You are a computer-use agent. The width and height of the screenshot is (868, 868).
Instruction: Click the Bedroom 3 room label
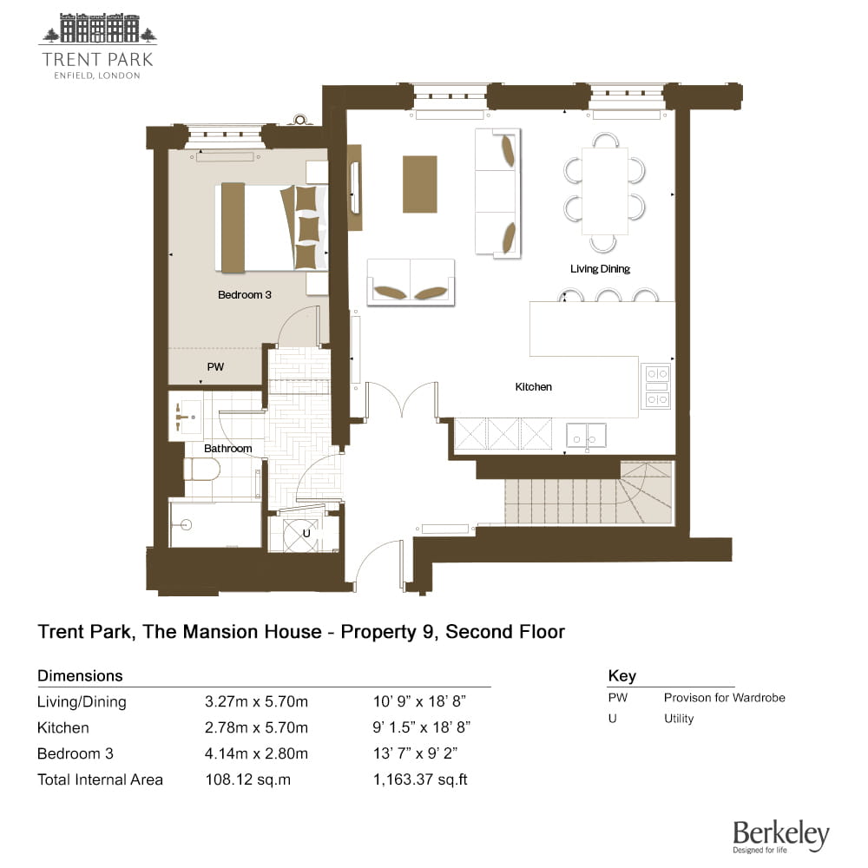click(x=245, y=294)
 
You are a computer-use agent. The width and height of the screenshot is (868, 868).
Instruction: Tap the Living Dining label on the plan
click(x=600, y=269)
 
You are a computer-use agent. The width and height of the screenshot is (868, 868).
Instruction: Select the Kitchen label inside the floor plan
click(x=533, y=387)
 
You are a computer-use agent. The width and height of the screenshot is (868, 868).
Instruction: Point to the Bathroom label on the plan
click(x=228, y=449)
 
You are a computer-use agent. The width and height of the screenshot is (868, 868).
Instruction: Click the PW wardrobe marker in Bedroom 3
click(x=215, y=366)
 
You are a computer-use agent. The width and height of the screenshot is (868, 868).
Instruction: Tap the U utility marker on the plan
click(x=306, y=534)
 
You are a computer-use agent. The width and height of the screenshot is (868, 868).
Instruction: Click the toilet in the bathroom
click(x=201, y=470)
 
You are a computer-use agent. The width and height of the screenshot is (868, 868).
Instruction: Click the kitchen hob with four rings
click(x=656, y=386)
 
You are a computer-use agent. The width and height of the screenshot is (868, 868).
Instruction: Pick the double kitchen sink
click(x=586, y=436)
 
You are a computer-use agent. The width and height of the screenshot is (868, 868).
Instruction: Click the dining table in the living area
click(x=604, y=191)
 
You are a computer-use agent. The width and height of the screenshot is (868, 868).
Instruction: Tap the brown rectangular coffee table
click(x=419, y=184)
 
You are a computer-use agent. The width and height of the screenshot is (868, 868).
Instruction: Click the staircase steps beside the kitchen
click(x=588, y=493)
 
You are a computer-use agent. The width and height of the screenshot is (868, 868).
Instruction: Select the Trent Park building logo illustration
click(x=98, y=28)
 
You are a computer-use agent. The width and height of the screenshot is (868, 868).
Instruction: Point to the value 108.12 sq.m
click(x=247, y=779)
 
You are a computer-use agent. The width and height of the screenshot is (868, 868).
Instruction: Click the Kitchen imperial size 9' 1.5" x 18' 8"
click(x=421, y=727)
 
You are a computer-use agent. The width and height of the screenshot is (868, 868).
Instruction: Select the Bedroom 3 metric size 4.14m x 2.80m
click(x=256, y=753)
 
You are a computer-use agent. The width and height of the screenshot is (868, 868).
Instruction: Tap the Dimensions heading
click(x=80, y=675)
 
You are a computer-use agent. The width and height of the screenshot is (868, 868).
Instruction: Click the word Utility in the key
click(x=679, y=719)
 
